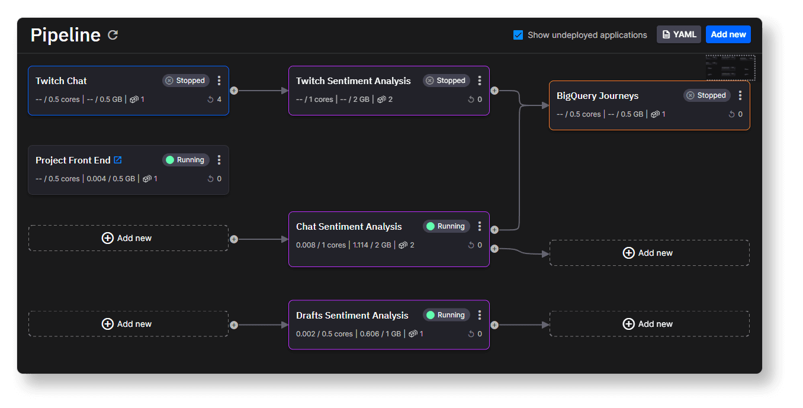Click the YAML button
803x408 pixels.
coord(679,34)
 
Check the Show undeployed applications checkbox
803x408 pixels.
coord(518,35)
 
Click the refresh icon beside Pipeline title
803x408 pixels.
coord(113,35)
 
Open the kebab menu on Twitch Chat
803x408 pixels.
coord(219,81)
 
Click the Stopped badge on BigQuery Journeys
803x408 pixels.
coord(706,95)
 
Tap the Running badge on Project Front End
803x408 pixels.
coord(185,160)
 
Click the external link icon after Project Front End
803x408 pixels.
coord(118,160)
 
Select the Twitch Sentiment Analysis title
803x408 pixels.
coord(353,81)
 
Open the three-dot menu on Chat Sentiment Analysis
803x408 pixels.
coord(480,226)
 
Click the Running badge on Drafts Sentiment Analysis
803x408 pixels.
coord(446,315)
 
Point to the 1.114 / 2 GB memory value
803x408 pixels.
coord(372,245)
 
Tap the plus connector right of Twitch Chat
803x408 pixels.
coord(234,91)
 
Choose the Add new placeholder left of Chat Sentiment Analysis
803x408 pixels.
coord(129,238)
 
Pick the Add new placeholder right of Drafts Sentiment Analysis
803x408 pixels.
coord(650,324)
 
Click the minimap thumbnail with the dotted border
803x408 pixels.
coord(730,68)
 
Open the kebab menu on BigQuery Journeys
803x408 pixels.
coord(740,95)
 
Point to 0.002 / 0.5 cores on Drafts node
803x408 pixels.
coord(325,333)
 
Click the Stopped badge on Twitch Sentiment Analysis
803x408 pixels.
coord(446,81)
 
